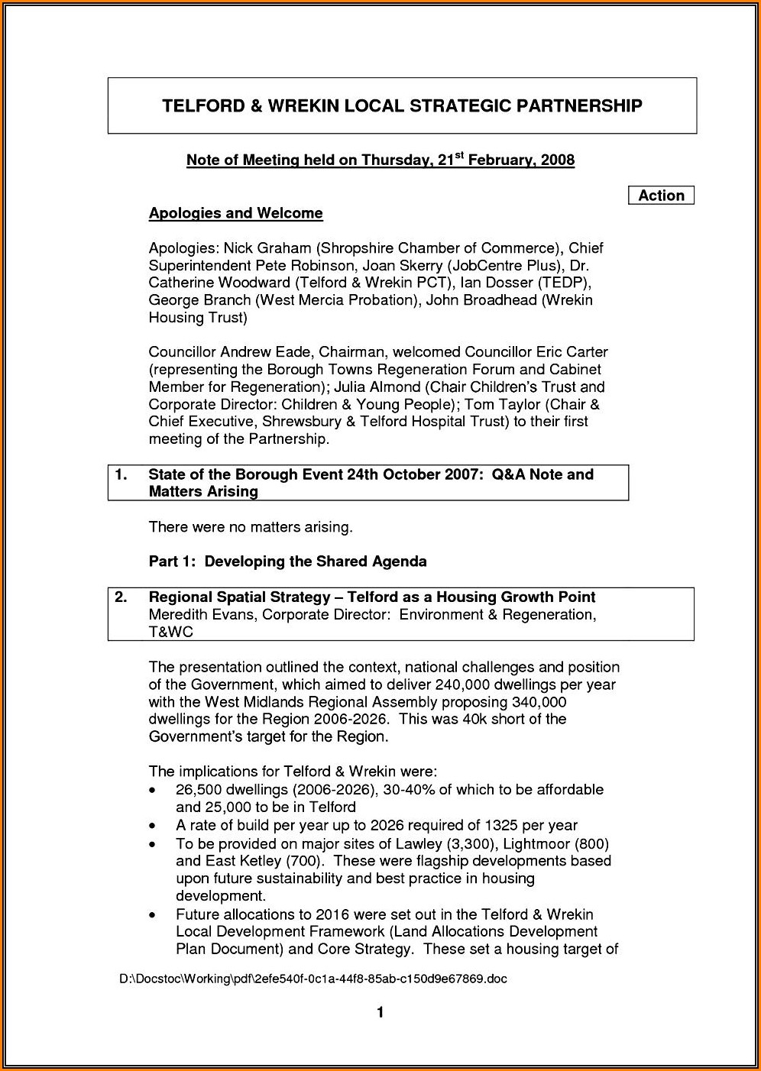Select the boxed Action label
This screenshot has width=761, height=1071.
661,196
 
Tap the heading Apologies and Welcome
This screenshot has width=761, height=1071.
235,213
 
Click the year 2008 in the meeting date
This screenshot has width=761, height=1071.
558,160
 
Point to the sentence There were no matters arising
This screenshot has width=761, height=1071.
251,527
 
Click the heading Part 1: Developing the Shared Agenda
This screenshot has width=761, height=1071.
287,561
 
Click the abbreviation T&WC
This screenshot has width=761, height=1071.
170,633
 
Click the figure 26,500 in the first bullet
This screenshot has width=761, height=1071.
198,790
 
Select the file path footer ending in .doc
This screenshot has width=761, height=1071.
313,979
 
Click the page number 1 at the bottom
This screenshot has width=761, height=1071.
380,1014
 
